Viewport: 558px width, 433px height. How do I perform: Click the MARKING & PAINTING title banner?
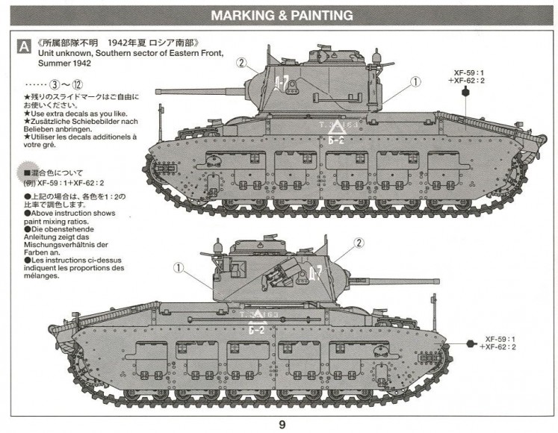[x=282, y=15]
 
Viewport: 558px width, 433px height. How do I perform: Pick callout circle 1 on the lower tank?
[x=179, y=267]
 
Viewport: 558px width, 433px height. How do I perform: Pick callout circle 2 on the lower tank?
[x=359, y=243]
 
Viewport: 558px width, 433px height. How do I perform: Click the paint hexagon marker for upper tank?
[x=466, y=93]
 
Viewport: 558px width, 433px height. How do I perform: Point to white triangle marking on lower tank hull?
[x=258, y=314]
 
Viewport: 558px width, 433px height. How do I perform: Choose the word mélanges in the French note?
[x=43, y=275]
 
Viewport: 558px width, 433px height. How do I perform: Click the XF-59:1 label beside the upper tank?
[x=468, y=72]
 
